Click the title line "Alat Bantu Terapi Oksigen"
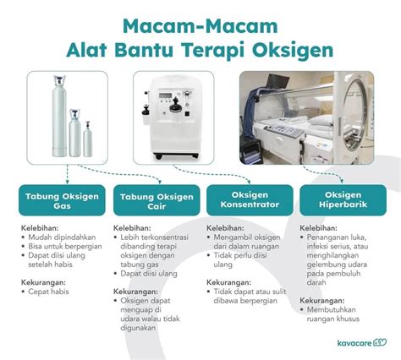point(200,48)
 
